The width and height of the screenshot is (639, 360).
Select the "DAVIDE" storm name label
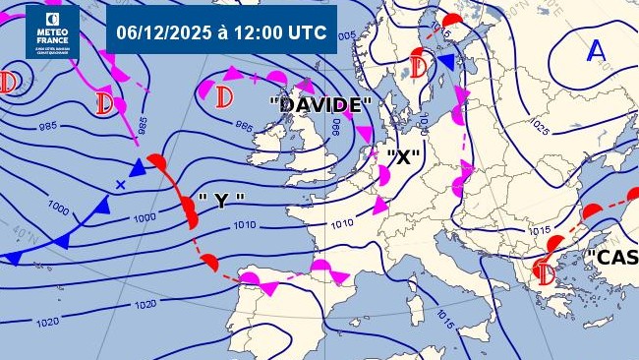pos(321,104)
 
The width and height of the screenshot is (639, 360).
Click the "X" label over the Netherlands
pos(403,156)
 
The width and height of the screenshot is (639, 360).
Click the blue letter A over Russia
pos(596,51)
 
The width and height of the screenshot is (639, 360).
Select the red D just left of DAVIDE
pos(224,97)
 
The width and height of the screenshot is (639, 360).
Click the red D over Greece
pos(544,270)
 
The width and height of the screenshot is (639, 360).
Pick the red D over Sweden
pos(420,67)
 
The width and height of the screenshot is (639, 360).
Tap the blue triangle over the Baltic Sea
pos(447,63)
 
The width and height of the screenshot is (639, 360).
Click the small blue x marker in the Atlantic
pos(121,184)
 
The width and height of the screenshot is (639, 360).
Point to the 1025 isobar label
pos(539,127)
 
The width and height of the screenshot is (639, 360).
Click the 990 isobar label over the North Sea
pos(336,128)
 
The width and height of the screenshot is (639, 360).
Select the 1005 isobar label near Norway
pos(346,36)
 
